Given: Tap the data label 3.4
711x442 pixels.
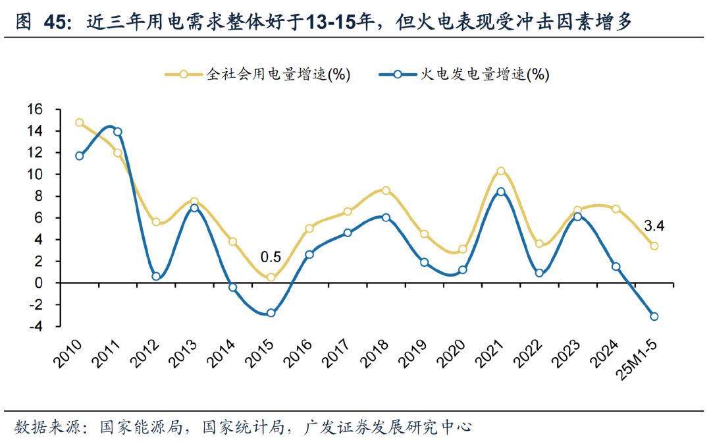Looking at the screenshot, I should pyautogui.click(x=654, y=227).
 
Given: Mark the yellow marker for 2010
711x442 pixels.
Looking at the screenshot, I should pyautogui.click(x=80, y=123).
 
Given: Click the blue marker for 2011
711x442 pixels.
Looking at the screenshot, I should pyautogui.click(x=118, y=132).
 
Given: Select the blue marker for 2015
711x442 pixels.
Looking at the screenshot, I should pyautogui.click(x=271, y=313).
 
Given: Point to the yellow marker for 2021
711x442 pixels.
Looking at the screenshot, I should pyautogui.click(x=501, y=171).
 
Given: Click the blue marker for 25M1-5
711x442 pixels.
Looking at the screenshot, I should pyautogui.click(x=654, y=316).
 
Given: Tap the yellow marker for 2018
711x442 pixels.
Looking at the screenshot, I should pyautogui.click(x=386, y=190).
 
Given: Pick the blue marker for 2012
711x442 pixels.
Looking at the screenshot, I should pyautogui.click(x=156, y=276).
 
